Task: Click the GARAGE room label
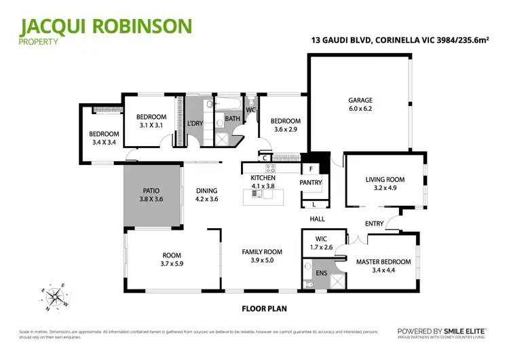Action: pyautogui.click(x=360, y=100)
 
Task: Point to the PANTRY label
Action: pyautogui.click(x=310, y=182)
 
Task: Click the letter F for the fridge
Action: pyautogui.click(x=311, y=168)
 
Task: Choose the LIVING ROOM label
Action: pyautogui.click(x=385, y=180)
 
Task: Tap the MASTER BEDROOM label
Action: pyautogui.click(x=383, y=262)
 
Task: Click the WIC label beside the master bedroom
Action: pyautogui.click(x=321, y=238)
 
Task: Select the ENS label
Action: pyautogui.click(x=321, y=273)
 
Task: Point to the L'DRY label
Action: pyautogui.click(x=195, y=123)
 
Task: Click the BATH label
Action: pyautogui.click(x=232, y=119)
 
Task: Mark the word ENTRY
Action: pyautogui.click(x=374, y=223)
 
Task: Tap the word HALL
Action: pyautogui.click(x=318, y=219)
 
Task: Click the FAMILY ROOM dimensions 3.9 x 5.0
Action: pyautogui.click(x=262, y=259)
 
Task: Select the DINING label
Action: pyautogui.click(x=206, y=191)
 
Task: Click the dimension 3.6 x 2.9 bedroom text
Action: pyautogui.click(x=285, y=129)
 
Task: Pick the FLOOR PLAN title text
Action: pyautogui.click(x=264, y=308)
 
